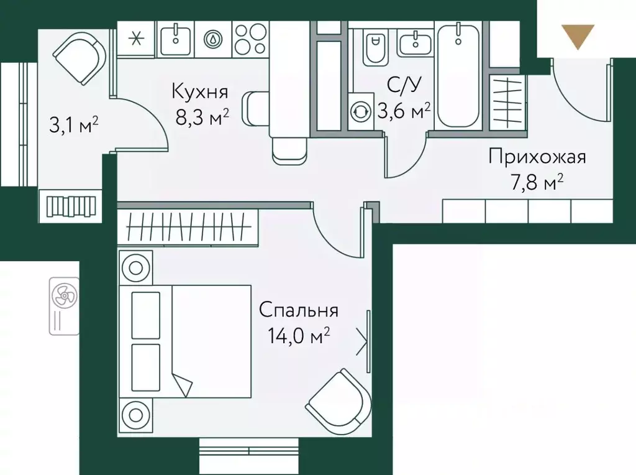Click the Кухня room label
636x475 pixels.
pos(200,93)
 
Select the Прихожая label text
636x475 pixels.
pos(537,156)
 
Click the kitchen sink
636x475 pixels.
pos(176,38)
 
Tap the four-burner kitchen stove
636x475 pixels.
pos(251,39)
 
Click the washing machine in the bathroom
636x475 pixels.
pos(359,112)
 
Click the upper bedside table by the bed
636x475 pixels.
pos(135,267)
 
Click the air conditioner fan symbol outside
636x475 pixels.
pos(64,295)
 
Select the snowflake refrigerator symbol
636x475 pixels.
pos(136,38)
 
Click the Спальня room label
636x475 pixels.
pos(298,310)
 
